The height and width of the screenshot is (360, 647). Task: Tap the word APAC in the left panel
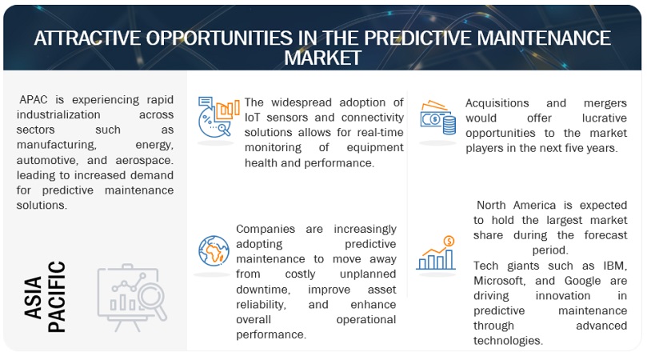(x=38, y=99)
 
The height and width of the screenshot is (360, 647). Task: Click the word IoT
(x=254, y=118)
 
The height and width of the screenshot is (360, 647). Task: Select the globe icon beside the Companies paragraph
(x=214, y=250)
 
